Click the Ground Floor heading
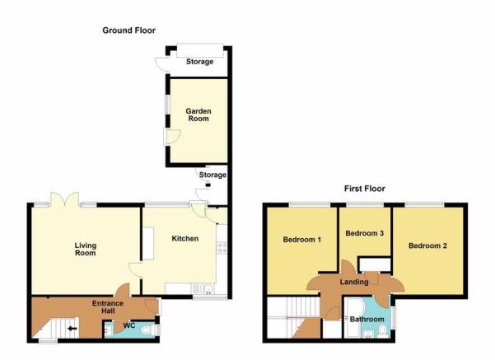click(128, 30)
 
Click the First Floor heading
click(364, 189)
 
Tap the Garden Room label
click(198, 115)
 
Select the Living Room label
click(85, 249)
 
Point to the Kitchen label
click(185, 238)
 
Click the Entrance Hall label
click(108, 307)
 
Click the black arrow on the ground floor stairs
click(72, 329)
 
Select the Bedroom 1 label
click(301, 240)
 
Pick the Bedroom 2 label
click(427, 245)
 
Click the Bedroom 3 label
click(365, 233)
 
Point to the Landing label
click(354, 282)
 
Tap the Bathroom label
click(367, 320)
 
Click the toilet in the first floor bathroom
click(383, 330)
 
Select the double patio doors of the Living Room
click(65, 199)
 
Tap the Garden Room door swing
click(173, 137)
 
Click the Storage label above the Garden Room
click(199, 62)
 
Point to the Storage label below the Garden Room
click(212, 175)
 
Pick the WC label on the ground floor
click(128, 325)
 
